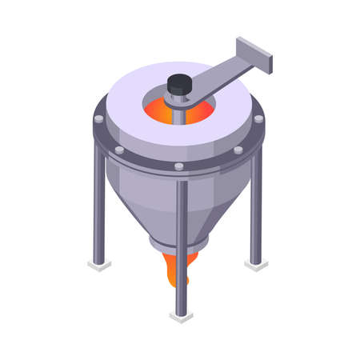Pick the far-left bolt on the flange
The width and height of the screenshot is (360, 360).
click(98, 118)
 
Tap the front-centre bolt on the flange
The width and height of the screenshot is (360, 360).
click(179, 166)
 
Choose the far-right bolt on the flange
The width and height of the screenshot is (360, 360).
click(258, 118)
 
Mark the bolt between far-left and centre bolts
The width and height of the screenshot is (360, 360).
click(119, 150)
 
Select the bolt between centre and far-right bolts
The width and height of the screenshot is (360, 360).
click(238, 150)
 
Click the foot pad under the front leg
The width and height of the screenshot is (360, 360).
click(182, 316)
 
